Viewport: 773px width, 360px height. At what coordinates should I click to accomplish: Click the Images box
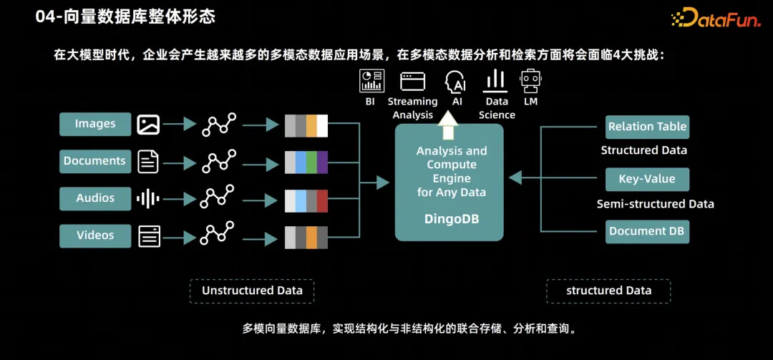(95, 124)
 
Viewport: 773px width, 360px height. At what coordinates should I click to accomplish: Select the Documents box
(95, 161)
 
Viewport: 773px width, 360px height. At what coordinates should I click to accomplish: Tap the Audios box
(95, 198)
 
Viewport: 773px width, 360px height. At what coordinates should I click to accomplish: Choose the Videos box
(95, 235)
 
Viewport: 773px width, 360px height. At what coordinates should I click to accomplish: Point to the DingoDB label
(451, 219)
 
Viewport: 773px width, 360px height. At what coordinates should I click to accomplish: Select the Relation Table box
(647, 127)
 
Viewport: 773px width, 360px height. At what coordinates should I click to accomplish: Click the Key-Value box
(647, 179)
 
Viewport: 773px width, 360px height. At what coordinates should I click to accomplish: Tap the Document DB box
(647, 231)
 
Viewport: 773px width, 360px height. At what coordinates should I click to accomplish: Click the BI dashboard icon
(371, 81)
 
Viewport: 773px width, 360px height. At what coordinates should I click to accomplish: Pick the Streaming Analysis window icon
(413, 81)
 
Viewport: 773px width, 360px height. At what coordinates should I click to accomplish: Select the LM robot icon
(530, 81)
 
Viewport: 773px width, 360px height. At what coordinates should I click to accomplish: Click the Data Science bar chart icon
(496, 81)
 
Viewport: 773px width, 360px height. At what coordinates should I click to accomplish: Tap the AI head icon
(456, 81)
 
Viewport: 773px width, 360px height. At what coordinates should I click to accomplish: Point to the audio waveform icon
(148, 198)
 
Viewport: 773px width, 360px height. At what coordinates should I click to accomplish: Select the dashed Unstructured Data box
(252, 291)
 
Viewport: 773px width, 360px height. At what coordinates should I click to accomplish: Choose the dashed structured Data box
(608, 291)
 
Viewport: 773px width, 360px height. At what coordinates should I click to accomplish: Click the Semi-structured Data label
(656, 204)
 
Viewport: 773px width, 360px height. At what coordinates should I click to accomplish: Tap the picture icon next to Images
(148, 124)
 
